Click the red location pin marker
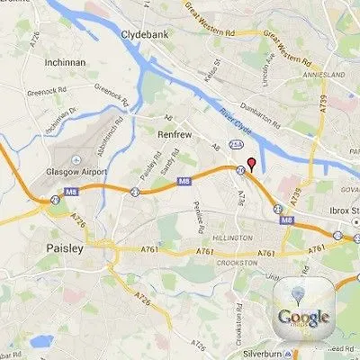[x=252, y=164]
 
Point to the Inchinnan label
[x=66, y=63]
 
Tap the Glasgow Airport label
[x=77, y=174]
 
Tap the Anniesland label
[x=332, y=76]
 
